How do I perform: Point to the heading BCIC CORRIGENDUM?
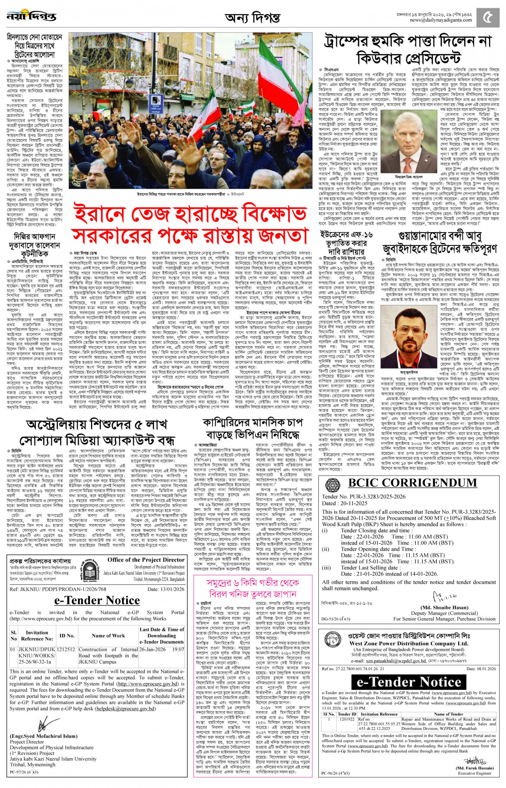click(412, 482)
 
